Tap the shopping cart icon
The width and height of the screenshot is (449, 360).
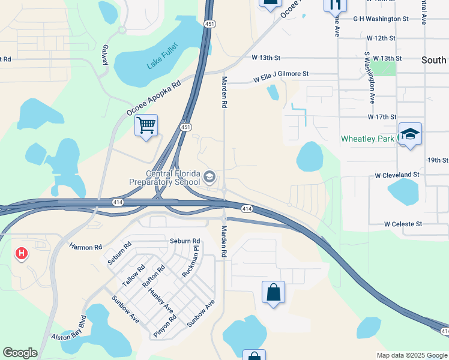click(146, 125)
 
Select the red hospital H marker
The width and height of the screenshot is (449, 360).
click(22, 254)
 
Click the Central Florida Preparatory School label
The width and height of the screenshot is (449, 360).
click(165, 178)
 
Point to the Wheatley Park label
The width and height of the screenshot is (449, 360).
click(367, 139)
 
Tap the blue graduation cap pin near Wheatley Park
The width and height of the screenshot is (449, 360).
click(410, 134)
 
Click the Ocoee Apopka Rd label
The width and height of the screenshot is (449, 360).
click(154, 99)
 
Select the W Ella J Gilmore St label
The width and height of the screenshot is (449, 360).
click(280, 77)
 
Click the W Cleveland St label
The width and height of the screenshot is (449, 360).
click(397, 175)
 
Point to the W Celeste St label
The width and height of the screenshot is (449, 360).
click(403, 224)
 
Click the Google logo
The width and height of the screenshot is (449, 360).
click(20, 353)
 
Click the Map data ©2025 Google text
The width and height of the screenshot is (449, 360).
click(412, 355)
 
